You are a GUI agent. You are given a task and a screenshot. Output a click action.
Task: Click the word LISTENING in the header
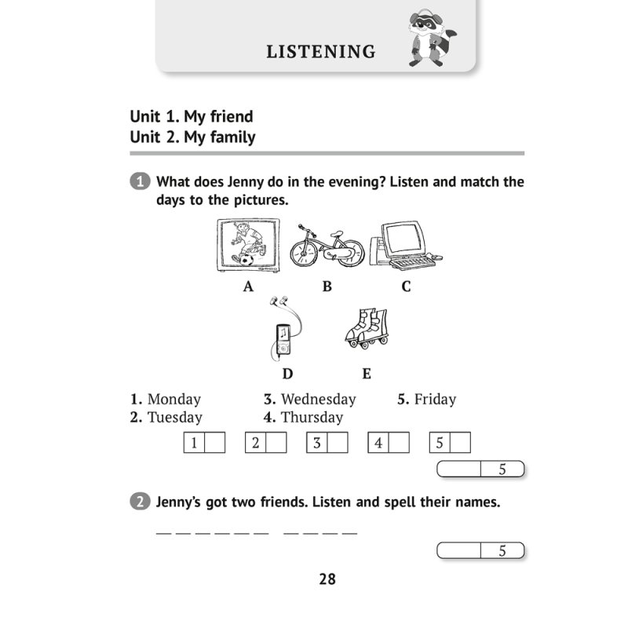coord(320,53)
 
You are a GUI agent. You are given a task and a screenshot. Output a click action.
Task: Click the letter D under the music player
coord(287,374)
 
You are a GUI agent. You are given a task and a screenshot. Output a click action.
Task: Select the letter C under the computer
coord(406,287)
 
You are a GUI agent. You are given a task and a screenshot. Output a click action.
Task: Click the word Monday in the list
coord(174,400)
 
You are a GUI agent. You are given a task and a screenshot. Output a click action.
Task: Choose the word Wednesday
coord(318,400)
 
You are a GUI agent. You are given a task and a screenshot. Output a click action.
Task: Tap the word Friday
coord(435,400)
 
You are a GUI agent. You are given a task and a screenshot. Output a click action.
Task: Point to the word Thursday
coord(312,418)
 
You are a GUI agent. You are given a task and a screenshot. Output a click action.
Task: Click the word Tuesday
coord(175,418)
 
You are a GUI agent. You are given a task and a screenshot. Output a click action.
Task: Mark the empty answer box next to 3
coord(338,443)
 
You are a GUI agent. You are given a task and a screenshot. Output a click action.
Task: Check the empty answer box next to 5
coord(461,443)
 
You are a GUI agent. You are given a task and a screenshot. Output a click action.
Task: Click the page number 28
coord(327,579)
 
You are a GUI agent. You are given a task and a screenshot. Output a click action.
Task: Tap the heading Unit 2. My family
coord(193,137)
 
